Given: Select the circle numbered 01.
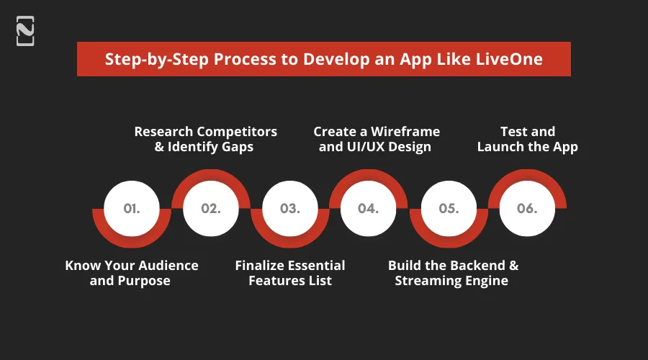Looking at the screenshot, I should [132, 208].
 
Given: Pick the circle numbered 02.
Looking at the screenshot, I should [211, 208].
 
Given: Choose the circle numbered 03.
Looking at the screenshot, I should [289, 208].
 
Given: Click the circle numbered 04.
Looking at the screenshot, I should [369, 208].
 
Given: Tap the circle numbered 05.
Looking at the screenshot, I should [448, 208].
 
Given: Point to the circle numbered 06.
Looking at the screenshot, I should [527, 208].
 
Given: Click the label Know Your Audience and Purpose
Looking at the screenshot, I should [131, 273].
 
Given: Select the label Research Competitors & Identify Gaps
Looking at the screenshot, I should [206, 139].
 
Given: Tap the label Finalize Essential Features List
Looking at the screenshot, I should [290, 273].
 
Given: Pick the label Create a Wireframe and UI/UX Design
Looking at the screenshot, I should [376, 139].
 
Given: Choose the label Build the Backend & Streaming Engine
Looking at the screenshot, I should [452, 273].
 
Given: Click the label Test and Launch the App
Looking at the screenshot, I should [527, 139].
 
